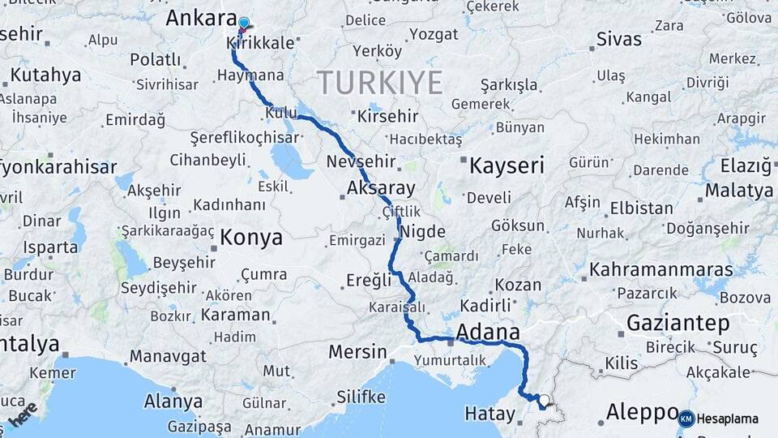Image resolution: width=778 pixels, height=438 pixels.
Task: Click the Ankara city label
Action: pos(198,18)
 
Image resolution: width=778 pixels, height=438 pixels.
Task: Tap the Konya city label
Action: pos(251,238)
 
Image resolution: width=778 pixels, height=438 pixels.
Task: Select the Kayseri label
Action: pos(506,166)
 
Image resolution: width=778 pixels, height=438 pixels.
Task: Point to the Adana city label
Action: pos(488,333)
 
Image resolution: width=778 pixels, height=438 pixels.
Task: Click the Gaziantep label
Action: pos(678,324)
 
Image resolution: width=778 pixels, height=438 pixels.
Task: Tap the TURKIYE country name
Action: pos(379,83)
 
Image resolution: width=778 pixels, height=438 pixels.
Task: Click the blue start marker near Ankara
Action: pos(243,24)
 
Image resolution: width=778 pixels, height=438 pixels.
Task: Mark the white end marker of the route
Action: pos(543,400)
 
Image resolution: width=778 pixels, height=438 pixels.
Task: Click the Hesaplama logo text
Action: pos(727,419)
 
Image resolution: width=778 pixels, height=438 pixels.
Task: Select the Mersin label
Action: pos(357,352)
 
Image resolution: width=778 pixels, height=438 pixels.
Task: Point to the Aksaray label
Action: pos(380,188)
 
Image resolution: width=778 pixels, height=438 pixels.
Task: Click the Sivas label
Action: pos(618,39)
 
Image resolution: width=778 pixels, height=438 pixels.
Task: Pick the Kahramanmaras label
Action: pos(660,269)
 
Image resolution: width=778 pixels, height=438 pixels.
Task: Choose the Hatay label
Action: pos(489,414)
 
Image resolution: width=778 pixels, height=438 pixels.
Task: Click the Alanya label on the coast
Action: pos(173,401)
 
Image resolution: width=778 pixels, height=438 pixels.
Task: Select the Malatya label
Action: pos(738,191)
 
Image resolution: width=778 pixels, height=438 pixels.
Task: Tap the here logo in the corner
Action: pos(22,414)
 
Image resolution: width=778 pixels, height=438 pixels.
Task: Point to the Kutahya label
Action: pos(45,75)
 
